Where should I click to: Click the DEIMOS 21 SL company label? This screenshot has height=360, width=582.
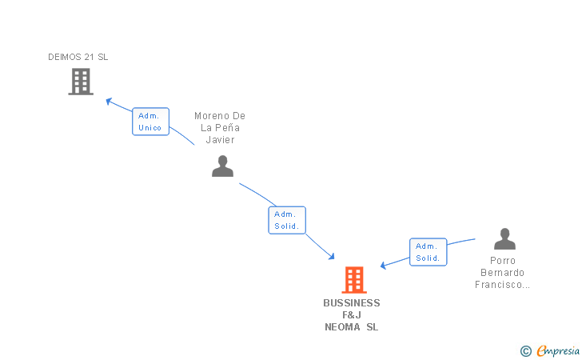[78, 57]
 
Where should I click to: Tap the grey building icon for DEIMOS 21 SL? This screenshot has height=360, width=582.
[80, 82]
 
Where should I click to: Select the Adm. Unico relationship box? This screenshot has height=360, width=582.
[150, 122]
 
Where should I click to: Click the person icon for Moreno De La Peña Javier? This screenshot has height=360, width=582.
[222, 166]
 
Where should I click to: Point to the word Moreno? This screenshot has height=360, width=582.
[209, 116]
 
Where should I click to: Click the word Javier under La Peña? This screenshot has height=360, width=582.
[220, 140]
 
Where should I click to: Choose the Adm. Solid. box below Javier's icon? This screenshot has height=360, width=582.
[286, 220]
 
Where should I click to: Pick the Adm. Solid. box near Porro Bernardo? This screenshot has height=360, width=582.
[428, 252]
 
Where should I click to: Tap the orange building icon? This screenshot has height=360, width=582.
[353, 280]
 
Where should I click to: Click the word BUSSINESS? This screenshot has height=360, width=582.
[352, 303]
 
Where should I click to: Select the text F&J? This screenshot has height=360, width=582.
[352, 315]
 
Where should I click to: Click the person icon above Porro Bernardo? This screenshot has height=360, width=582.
[504, 239]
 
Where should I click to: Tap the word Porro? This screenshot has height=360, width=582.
[504, 261]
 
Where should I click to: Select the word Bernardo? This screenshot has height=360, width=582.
[504, 273]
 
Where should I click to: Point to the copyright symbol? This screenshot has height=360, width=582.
[525, 350]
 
